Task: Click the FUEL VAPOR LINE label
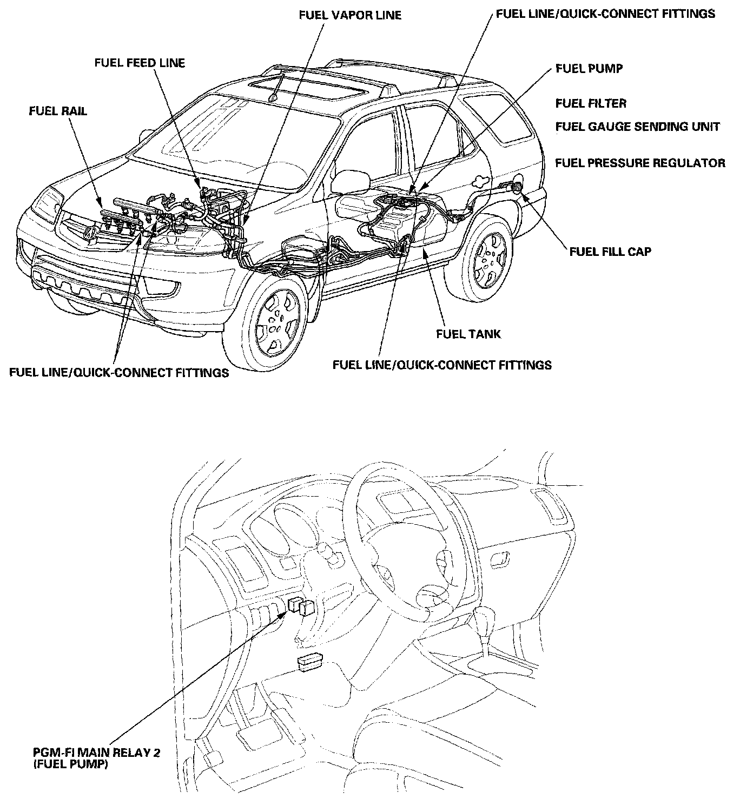[x=350, y=15]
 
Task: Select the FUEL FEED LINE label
[x=140, y=63]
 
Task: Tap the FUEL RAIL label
[x=58, y=111]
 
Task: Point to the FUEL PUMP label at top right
[x=589, y=69]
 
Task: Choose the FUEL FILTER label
[x=591, y=103]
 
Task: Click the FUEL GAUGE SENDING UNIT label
[x=637, y=127]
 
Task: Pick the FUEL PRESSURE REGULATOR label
[x=640, y=163]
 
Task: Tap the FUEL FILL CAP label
[x=610, y=252]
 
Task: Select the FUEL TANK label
[x=468, y=334]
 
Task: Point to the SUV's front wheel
[x=277, y=320]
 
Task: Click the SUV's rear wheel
[x=490, y=259]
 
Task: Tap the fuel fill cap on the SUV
[x=517, y=187]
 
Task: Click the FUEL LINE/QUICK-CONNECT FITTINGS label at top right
[x=605, y=14]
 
